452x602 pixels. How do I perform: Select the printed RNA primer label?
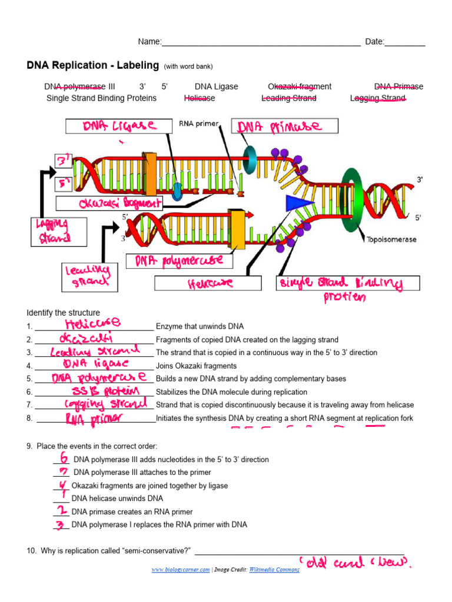point(198,124)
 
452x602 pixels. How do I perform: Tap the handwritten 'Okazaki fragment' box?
point(109,203)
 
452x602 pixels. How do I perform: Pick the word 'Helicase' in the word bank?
point(200,98)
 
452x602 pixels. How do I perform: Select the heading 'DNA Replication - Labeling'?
point(93,65)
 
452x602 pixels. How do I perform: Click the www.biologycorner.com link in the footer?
point(180,570)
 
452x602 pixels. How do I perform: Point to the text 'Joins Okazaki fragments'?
point(195,366)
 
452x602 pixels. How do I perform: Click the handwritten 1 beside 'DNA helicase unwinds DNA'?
point(62,497)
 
